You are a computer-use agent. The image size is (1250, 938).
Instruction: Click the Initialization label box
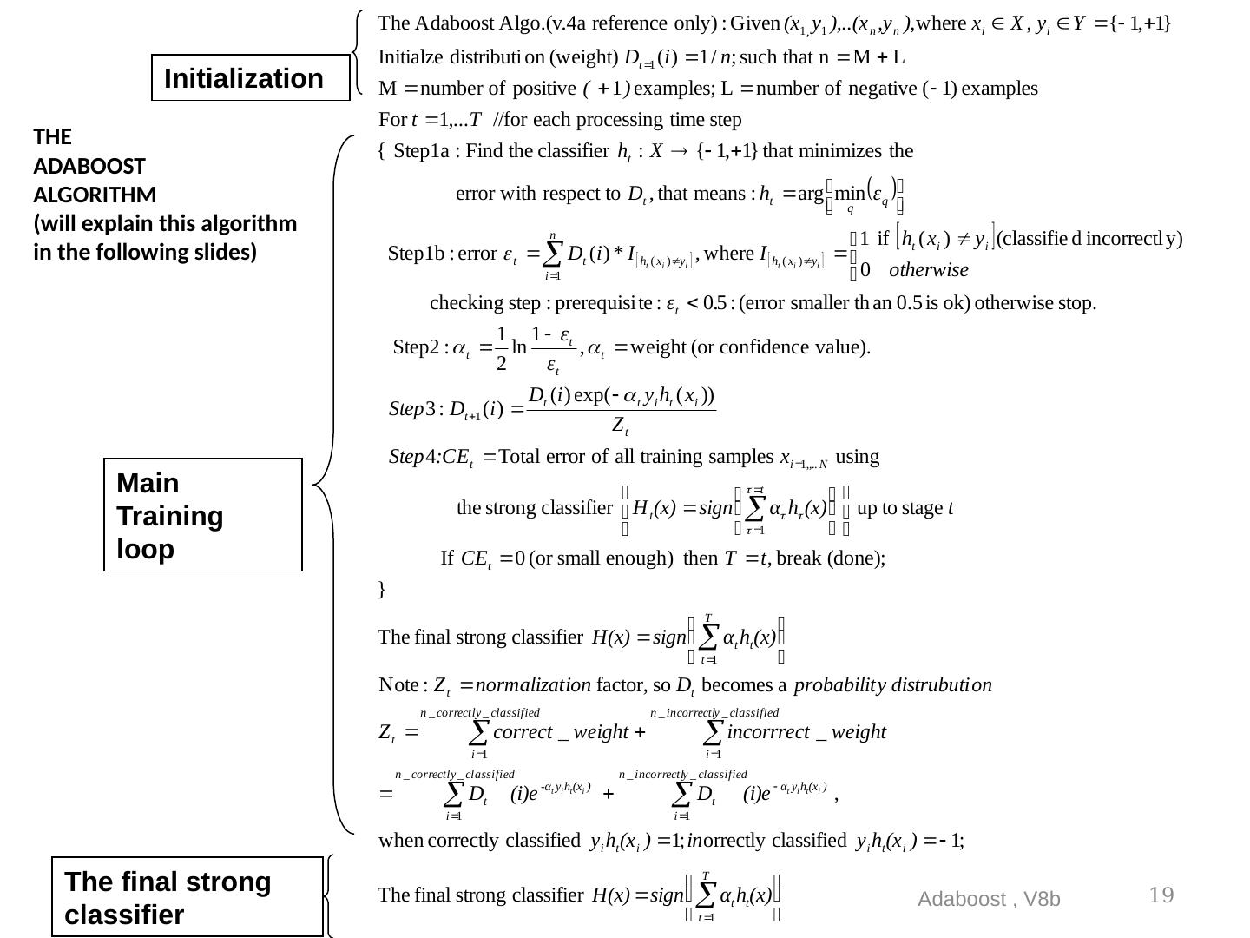click(x=250, y=78)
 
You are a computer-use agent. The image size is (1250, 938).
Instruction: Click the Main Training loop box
click(x=202, y=515)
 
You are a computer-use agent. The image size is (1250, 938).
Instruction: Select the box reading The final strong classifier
click(x=187, y=897)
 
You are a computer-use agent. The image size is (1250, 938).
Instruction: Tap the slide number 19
click(x=1161, y=895)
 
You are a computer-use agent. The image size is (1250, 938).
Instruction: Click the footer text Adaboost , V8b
click(x=989, y=899)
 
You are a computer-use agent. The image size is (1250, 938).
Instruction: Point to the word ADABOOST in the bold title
click(x=89, y=165)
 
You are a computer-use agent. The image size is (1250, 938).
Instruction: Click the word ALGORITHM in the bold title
click(x=95, y=194)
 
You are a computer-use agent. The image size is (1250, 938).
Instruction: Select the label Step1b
click(x=416, y=254)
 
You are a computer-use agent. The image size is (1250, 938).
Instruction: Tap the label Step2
click(x=417, y=347)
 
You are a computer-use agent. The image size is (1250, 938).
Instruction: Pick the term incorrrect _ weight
click(x=806, y=731)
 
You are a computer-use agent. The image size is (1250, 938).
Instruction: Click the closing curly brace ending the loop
click(x=382, y=589)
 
